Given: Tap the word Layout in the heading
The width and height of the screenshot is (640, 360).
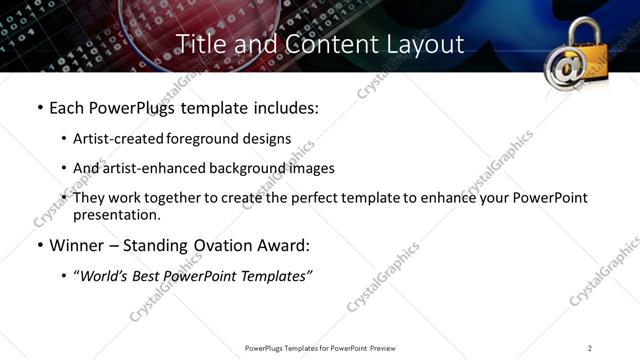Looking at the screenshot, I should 424,45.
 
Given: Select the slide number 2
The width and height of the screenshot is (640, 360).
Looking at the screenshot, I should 590,347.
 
